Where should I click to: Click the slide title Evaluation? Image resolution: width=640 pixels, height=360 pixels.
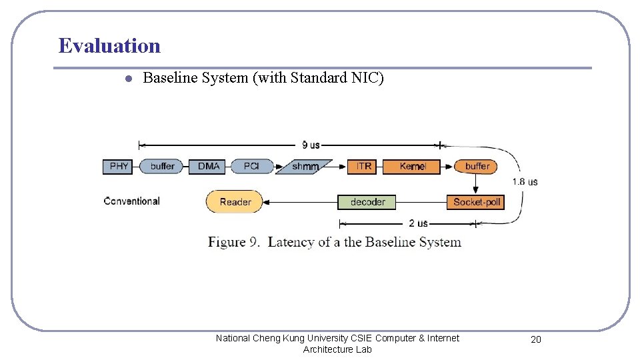point(109,45)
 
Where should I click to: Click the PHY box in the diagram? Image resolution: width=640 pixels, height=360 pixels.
point(119,166)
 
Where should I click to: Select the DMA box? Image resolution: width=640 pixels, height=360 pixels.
point(208,166)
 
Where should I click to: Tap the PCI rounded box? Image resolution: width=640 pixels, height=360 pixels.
point(251,166)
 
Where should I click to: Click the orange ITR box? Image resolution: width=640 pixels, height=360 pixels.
point(363,166)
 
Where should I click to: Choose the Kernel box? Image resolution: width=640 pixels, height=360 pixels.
point(411,166)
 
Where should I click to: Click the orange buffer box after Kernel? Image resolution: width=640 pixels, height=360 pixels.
point(476,166)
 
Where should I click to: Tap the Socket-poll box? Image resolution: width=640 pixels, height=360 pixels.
point(475,201)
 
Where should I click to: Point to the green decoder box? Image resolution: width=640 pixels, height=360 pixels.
point(367,201)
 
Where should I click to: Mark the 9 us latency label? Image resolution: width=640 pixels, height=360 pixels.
point(311,145)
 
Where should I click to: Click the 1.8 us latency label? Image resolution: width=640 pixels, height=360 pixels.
point(525,181)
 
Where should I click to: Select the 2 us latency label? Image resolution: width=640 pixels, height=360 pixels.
point(418,223)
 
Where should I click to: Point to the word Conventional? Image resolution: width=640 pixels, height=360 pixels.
point(132,201)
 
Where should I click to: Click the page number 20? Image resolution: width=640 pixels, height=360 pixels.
point(535,339)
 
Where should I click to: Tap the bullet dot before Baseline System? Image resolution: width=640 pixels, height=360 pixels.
point(128,79)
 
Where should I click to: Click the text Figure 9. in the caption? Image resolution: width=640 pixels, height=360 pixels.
point(235,241)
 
